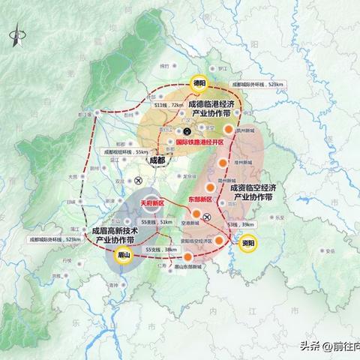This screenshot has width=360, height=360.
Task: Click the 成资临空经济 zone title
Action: click(262, 187)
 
